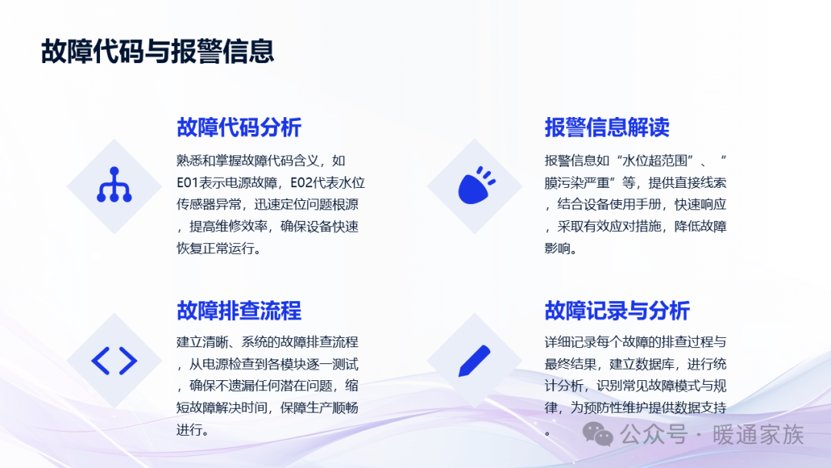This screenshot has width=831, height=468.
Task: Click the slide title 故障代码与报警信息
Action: pos(158,52)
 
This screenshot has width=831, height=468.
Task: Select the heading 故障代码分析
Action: pos(239,127)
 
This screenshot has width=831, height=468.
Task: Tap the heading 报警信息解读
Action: pos(607,127)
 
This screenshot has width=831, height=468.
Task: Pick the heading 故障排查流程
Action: pos(239,310)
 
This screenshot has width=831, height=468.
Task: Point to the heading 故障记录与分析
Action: pos(617,310)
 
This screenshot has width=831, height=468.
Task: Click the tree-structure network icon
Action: pos(114,185)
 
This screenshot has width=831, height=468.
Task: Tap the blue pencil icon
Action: pos(474,361)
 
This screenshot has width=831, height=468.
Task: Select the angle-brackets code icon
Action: pos(114,361)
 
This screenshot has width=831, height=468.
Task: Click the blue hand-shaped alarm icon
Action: pos(476,186)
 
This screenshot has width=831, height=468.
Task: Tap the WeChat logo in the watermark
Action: pos(598,434)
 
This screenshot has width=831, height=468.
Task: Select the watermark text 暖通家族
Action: pos(759,435)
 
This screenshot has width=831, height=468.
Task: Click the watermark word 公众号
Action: pos(654,435)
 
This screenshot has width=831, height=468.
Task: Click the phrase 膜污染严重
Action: pos(577,183)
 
